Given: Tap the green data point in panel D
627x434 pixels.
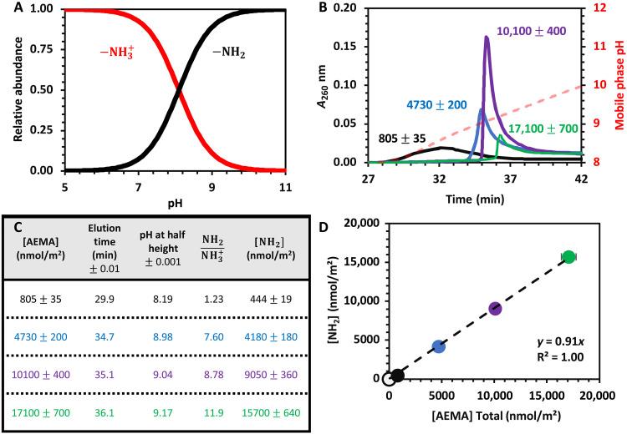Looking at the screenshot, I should (x=568, y=257).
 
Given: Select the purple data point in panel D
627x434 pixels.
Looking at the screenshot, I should (x=495, y=309).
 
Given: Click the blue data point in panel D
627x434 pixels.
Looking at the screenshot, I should (x=439, y=346).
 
